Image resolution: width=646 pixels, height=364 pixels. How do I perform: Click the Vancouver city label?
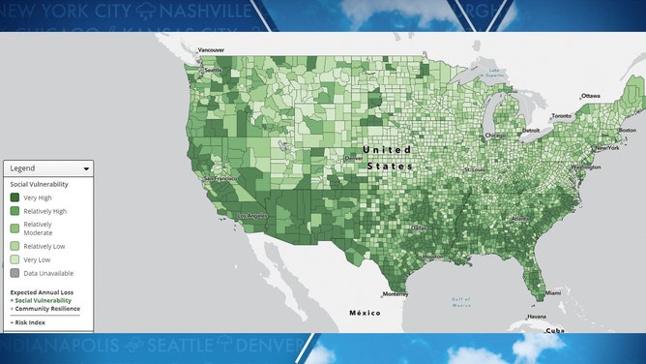211,49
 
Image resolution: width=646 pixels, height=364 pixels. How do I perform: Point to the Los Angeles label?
253,215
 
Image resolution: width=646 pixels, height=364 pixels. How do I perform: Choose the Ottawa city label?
591,96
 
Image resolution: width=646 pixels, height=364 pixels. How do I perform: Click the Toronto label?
561,116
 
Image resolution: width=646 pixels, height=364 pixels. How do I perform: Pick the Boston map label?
627,130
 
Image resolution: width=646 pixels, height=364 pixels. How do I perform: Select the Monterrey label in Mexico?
397,294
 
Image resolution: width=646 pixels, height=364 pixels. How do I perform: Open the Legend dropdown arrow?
86,168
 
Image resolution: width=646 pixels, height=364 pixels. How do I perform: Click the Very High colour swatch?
15,197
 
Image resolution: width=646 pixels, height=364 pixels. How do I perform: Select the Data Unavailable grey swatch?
15,275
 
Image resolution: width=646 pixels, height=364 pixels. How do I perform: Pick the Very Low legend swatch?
15,260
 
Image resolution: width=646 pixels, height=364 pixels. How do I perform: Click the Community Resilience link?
47,308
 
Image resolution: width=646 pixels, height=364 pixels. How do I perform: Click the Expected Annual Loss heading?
42,292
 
